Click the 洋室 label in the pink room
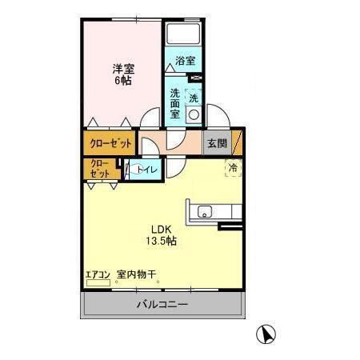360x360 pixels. click(122, 69)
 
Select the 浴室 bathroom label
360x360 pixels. click(185, 61)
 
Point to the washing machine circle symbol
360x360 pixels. click(193, 114)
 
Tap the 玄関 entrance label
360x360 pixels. click(217, 144)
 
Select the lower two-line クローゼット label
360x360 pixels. click(100, 169)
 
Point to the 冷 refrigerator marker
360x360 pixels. click(233, 168)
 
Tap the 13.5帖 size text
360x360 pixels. click(161, 240)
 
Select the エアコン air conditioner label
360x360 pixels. click(98, 274)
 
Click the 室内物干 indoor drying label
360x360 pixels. click(136, 274)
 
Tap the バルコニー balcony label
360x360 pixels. click(161, 305)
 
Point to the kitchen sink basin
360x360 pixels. click(205, 212)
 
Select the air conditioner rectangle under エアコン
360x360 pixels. click(98, 282)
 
